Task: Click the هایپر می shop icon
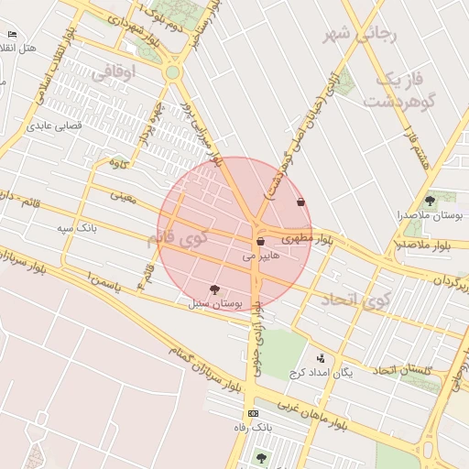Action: [x=261, y=242]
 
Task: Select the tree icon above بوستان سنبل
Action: [x=214, y=289]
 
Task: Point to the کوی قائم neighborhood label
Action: [x=177, y=238]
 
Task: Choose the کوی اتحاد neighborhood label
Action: [x=354, y=299]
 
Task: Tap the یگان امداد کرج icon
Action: [x=321, y=359]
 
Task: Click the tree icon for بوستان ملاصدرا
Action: [x=430, y=201]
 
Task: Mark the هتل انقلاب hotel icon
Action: [x=11, y=34]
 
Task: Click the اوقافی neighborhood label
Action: [x=114, y=70]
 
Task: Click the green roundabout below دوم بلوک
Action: [x=172, y=72]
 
